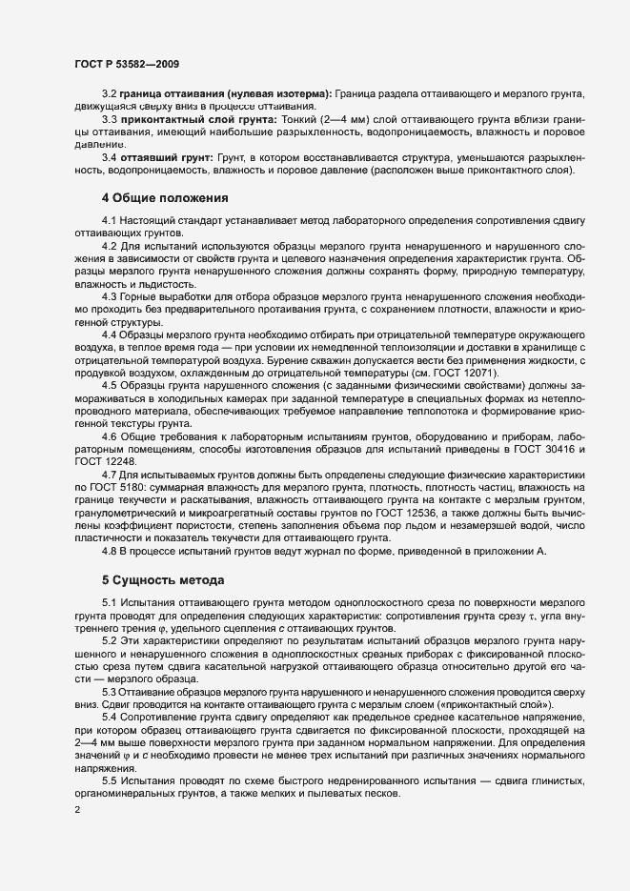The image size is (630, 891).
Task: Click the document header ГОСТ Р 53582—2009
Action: [x=127, y=64]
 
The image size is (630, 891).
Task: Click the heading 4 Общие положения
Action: [x=165, y=198]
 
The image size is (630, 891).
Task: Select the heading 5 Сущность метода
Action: [x=163, y=578]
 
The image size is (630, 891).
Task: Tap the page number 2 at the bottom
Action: [x=77, y=810]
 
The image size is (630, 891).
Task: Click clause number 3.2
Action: [x=110, y=92]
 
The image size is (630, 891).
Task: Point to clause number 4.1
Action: [x=110, y=219]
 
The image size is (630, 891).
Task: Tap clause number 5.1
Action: [x=110, y=604]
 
